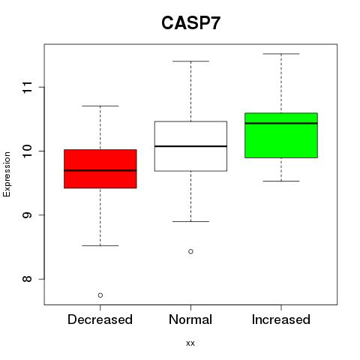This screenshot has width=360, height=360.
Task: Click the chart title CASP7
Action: pyautogui.click(x=190, y=23)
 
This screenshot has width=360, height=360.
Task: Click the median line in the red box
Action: pyautogui.click(x=100, y=170)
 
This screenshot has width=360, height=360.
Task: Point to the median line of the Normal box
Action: pyautogui.click(x=190, y=146)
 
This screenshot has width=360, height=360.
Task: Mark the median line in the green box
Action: pyautogui.click(x=281, y=123)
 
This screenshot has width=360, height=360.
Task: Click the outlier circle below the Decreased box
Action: pyautogui.click(x=100, y=295)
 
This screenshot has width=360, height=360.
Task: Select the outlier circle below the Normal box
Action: pyautogui.click(x=190, y=251)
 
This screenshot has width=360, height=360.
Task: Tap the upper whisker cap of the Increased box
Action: pyautogui.click(x=281, y=54)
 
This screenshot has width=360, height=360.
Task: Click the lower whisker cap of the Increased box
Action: pyautogui.click(x=281, y=181)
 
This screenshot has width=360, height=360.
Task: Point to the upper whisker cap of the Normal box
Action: pyautogui.click(x=190, y=61)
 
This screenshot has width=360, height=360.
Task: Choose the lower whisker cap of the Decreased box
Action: pyautogui.click(x=100, y=245)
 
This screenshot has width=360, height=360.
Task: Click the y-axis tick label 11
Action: pyautogui.click(x=28, y=87)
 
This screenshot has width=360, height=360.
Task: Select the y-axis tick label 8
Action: pyautogui.click(x=28, y=279)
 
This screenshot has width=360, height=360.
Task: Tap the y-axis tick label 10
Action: pyautogui.click(x=28, y=151)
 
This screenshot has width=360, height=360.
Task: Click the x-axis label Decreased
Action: pyautogui.click(x=100, y=319)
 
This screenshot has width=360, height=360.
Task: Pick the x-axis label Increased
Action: pyautogui.click(x=281, y=319)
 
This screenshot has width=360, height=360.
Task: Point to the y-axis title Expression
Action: pyautogui.click(x=7, y=174)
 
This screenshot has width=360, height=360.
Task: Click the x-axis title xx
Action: pyautogui.click(x=190, y=343)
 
